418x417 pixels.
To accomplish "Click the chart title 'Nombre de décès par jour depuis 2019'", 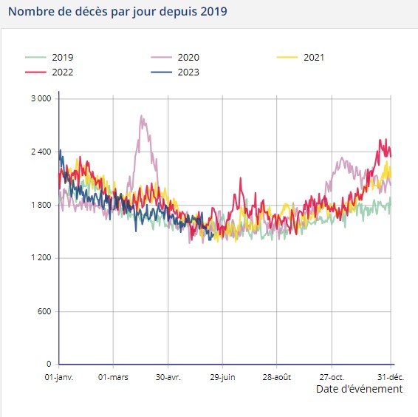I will click(x=117, y=13).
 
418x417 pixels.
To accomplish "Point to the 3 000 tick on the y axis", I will click(x=40, y=99).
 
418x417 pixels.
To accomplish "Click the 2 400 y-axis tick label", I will click(x=40, y=152).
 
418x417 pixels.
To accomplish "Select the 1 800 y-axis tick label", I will click(x=40, y=206).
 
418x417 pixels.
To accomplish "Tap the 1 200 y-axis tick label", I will click(x=40, y=258).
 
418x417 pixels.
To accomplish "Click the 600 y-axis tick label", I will click(x=44, y=311).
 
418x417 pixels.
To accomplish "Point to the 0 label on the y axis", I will click(x=48, y=365).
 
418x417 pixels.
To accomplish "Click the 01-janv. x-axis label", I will click(x=59, y=376).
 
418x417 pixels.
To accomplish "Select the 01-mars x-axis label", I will click(x=113, y=376).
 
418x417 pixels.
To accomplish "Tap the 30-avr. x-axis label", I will click(x=168, y=376).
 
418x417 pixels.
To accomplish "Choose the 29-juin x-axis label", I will click(x=222, y=376).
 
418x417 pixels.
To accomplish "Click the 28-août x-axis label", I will click(x=276, y=376).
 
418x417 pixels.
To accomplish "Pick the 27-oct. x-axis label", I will click(x=331, y=376).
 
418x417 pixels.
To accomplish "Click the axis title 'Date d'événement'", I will click(x=359, y=389).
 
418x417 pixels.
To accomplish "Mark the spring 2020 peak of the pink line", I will click(x=141, y=116).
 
